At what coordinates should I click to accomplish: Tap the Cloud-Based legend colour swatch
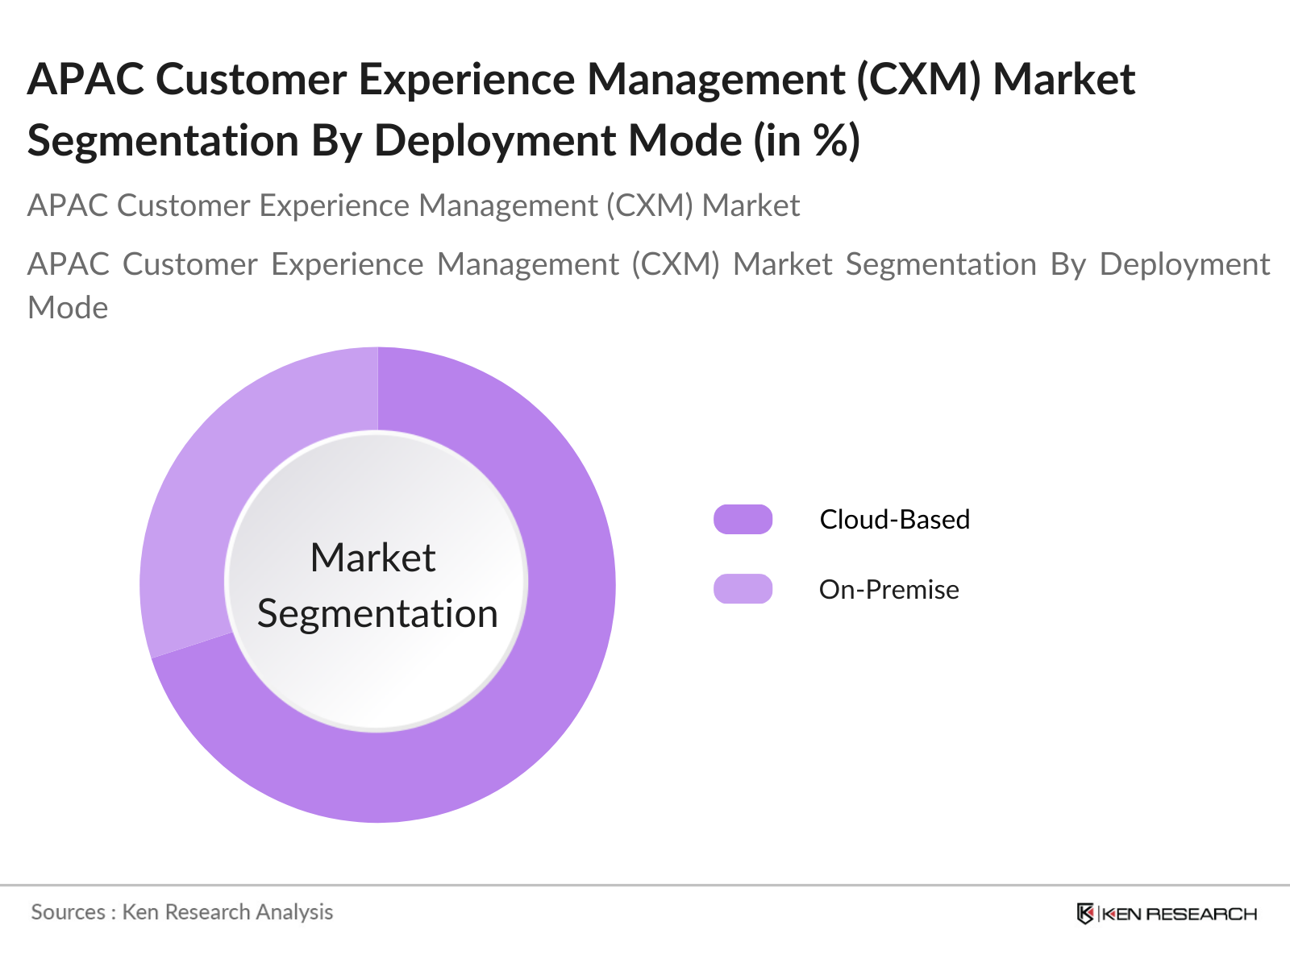[743, 520]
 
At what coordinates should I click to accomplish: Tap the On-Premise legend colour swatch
[743, 589]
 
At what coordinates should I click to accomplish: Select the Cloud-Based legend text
[894, 520]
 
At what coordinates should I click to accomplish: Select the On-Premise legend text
[888, 590]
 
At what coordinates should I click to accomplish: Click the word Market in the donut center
[372, 558]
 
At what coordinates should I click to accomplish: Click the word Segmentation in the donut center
[377, 614]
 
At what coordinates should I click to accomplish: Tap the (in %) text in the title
[806, 141]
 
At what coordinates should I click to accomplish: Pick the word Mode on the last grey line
[68, 308]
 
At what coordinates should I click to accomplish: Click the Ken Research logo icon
[1085, 914]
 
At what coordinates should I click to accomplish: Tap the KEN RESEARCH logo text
[1179, 914]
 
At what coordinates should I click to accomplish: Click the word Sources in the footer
[68, 912]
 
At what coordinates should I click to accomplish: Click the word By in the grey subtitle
[1067, 265]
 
